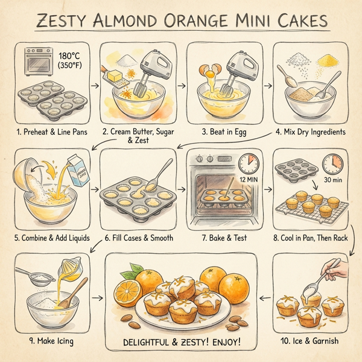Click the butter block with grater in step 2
119,76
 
